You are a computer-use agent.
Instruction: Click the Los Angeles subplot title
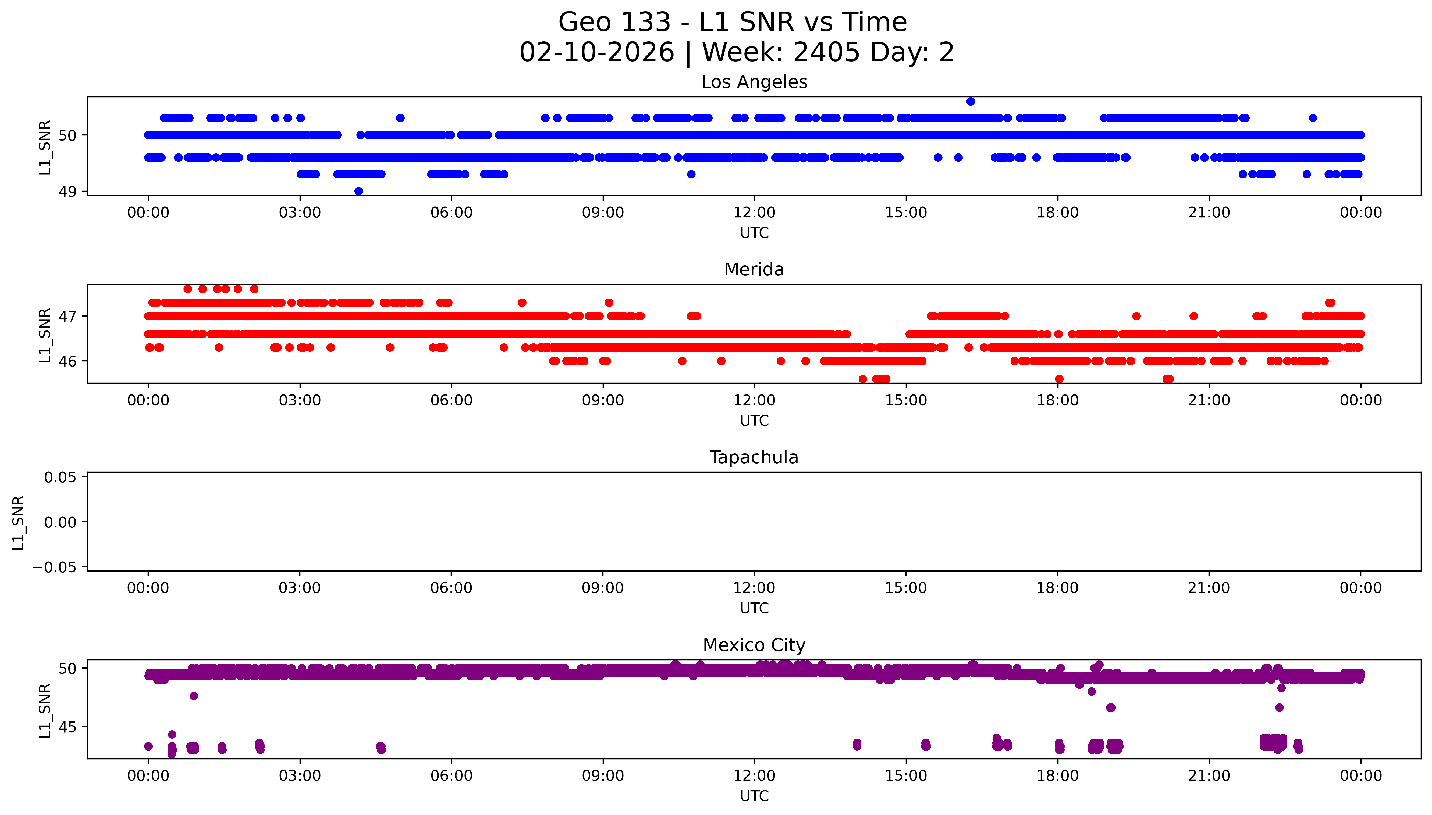[754, 82]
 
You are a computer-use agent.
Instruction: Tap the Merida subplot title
[754, 270]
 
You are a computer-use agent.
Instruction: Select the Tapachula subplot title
[754, 457]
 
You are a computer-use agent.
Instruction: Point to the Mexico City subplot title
[754, 645]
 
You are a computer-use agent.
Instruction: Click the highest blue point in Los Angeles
[971, 101]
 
